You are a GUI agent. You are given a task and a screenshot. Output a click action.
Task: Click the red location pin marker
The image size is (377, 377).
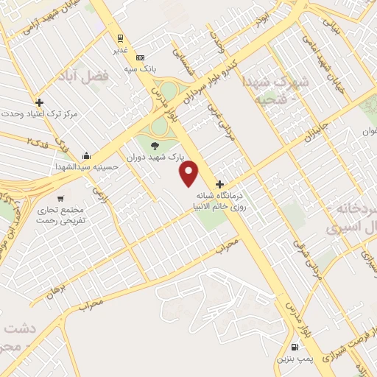(x=190, y=174)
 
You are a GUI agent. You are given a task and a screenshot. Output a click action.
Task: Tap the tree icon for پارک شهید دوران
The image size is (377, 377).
(x=154, y=145)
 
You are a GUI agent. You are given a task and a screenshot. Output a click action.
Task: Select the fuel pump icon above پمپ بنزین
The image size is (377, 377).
(x=295, y=347)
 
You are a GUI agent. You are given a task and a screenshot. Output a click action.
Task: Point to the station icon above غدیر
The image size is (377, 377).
(x=120, y=38)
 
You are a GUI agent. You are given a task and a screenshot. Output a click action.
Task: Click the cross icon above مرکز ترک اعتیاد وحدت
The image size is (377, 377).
(x=39, y=102)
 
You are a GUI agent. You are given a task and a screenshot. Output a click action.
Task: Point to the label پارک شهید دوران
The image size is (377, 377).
(x=154, y=158)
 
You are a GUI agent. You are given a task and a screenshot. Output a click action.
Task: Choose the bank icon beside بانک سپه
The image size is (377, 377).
(x=141, y=57)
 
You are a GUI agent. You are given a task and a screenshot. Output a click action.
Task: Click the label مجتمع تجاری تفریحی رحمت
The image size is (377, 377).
(x=62, y=216)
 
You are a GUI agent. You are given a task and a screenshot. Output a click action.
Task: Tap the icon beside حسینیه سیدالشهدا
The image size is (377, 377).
(x=87, y=155)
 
